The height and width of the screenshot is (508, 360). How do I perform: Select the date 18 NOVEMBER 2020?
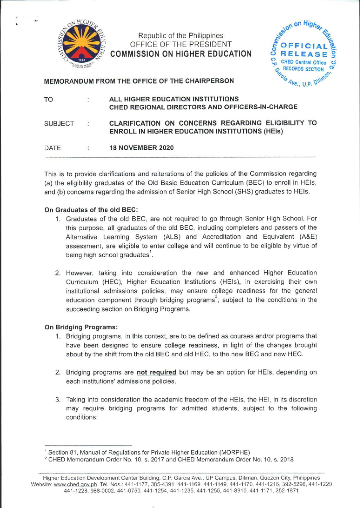coord(141,148)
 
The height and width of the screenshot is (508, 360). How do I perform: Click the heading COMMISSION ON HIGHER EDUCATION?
coord(181,54)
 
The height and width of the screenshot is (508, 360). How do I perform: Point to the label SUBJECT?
coord(59,124)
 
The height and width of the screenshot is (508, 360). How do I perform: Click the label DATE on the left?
coord(52,148)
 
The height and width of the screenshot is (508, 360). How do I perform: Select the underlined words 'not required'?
coord(156,372)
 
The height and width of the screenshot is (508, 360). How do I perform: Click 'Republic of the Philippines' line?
coord(181,35)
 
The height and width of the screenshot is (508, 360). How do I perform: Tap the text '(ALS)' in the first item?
coord(172,237)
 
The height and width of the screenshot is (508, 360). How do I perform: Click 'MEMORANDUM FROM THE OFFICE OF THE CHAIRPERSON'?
coord(139,81)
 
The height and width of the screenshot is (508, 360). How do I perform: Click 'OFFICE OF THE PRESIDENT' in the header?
coord(181,44)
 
